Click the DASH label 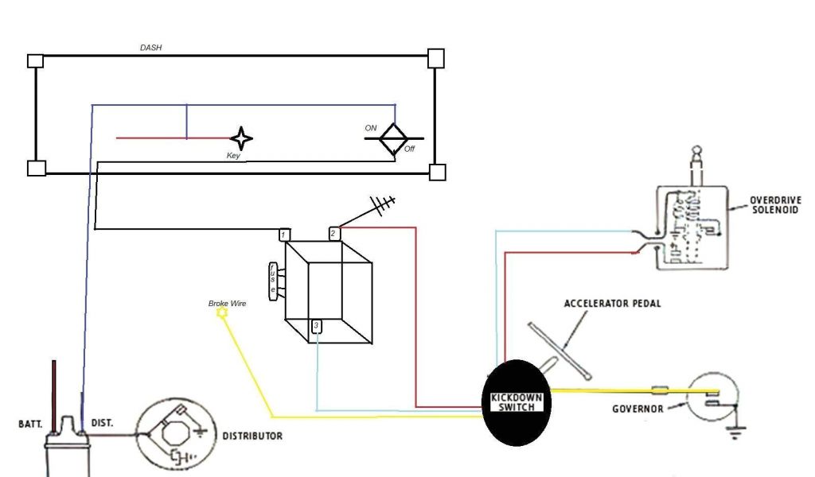tap(151, 48)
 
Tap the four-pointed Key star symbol tap(241, 138)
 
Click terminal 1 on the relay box tap(284, 235)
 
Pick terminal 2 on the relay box tap(334, 234)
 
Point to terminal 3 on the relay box tap(316, 326)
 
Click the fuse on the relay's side tap(274, 281)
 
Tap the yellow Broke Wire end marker tap(222, 314)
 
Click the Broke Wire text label tap(227, 303)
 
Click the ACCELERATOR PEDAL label tap(612, 304)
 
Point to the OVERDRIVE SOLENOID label tap(775, 204)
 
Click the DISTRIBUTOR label tap(252, 436)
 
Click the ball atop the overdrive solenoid tap(696, 152)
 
